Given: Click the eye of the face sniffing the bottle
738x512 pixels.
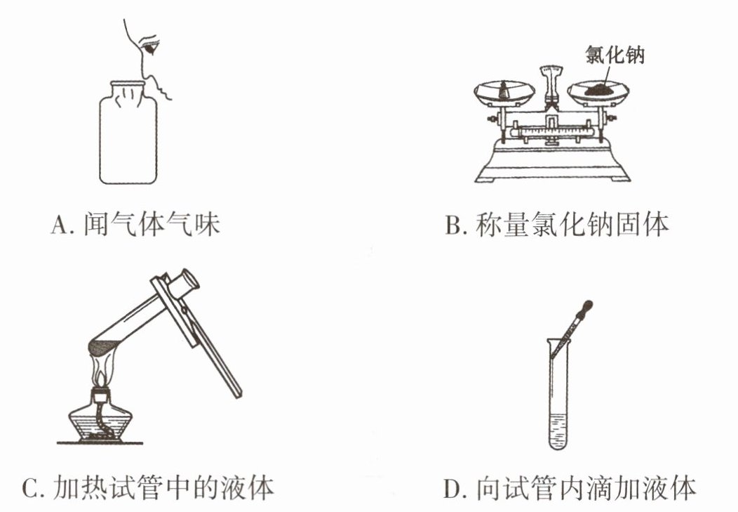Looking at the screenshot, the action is coord(152,46).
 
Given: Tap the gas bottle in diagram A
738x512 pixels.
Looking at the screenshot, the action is coord(128,132).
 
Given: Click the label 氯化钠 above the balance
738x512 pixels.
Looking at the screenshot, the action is coord(615,55).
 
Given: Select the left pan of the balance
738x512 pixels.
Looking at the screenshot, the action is coord(504,93).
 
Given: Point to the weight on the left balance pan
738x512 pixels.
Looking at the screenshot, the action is coord(504,90).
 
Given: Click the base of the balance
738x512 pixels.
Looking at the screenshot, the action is coord(552,161).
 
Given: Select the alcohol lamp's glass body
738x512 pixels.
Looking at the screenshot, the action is coord(100,421).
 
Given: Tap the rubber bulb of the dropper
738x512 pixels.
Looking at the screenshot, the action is coord(586,308).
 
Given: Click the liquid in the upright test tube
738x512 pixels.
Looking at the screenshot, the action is coord(559,431).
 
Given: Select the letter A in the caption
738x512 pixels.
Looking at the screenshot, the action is coord(60,225).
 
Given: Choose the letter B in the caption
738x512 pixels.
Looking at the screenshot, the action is coord(453,225).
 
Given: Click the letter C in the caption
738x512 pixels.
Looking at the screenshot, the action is coord(31,487).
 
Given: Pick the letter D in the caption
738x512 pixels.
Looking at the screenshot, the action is coord(452,487).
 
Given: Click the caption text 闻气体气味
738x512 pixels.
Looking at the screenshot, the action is coord(152,224).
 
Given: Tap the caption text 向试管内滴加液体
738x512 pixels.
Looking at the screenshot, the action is coord(586,487).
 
